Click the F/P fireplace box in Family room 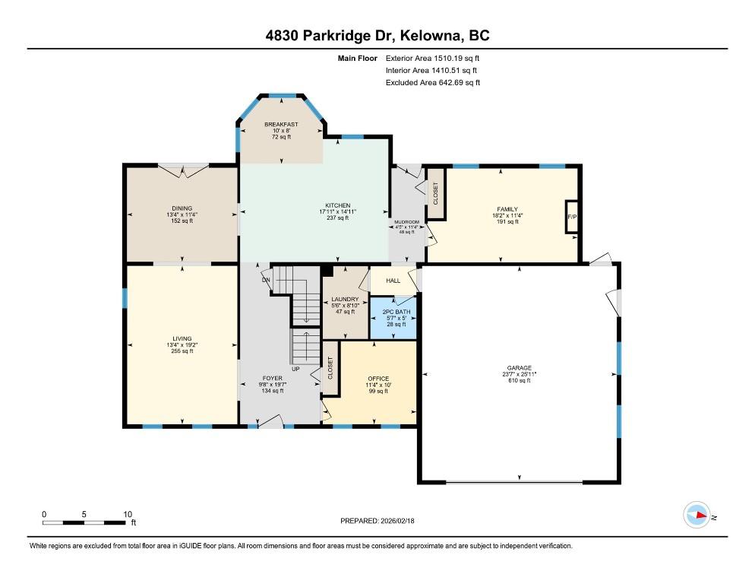(x=571, y=217)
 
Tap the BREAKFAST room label (x=281, y=125)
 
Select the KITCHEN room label (x=337, y=205)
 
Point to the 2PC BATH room (x=393, y=319)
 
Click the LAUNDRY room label (x=346, y=300)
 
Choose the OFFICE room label (x=378, y=379)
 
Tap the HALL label (x=393, y=281)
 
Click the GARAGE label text (x=519, y=368)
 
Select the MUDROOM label (x=407, y=222)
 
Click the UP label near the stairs (x=295, y=369)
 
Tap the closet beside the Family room (x=436, y=193)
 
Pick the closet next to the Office (x=330, y=368)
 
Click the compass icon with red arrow (x=697, y=515)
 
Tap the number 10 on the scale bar (x=128, y=514)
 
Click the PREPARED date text (x=377, y=521)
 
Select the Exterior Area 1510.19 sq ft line (x=432, y=59)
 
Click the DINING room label (x=182, y=209)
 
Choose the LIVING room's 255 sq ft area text (x=182, y=351)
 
